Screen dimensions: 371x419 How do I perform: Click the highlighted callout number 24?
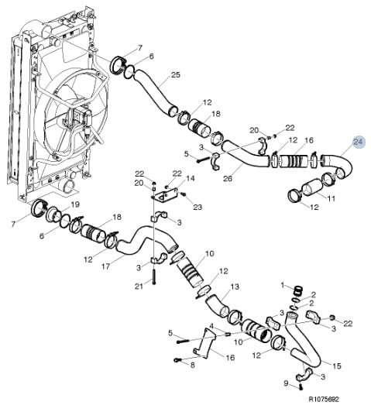358,143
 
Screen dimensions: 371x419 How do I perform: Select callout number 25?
176,75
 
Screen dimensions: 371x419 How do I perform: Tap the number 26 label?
228,178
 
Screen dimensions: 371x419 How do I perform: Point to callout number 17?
106,266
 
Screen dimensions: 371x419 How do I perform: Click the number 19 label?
76,204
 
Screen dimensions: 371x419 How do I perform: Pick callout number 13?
235,287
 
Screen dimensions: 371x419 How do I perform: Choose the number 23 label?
198,207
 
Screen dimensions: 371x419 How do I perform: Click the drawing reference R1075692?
324,400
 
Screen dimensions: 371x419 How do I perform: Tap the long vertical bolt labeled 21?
153,277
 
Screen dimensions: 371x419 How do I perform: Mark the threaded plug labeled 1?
299,290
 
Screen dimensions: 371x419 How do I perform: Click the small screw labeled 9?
301,386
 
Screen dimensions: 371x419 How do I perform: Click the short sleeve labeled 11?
311,188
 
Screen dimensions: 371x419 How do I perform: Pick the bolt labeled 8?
177,360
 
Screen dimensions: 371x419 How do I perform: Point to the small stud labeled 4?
228,334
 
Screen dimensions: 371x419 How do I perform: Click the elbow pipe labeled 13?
217,305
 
